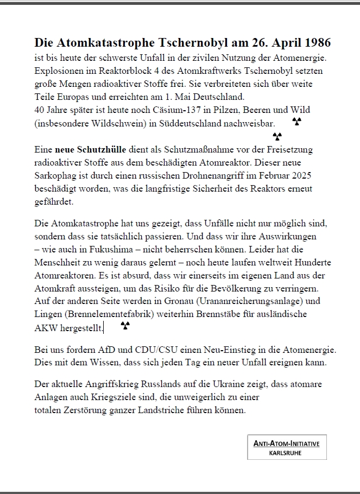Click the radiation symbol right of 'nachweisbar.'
296,122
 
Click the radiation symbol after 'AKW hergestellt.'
125,326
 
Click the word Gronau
180,301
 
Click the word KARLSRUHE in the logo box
286,452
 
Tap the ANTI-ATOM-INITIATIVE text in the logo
286,444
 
